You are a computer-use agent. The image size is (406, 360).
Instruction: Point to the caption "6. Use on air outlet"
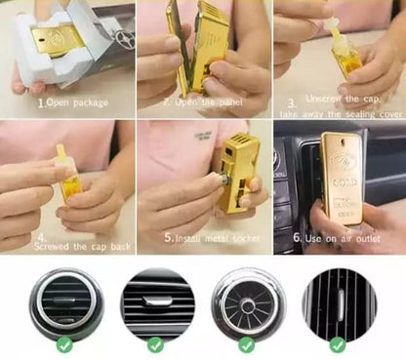coord(335,237)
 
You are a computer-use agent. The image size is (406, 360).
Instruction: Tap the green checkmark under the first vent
coord(64,343)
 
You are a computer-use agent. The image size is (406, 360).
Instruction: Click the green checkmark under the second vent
coord(155,343)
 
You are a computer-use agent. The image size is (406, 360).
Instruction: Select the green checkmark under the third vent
coord(246,343)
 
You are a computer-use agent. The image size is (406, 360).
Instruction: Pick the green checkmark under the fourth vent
coord(337,343)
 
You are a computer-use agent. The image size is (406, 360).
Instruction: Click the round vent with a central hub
coord(246,300)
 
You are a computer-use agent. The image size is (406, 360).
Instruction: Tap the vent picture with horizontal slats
coord(155,300)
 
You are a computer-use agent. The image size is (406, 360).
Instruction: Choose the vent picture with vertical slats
coord(337,300)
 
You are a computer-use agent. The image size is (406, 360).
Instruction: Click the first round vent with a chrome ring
coord(64,300)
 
